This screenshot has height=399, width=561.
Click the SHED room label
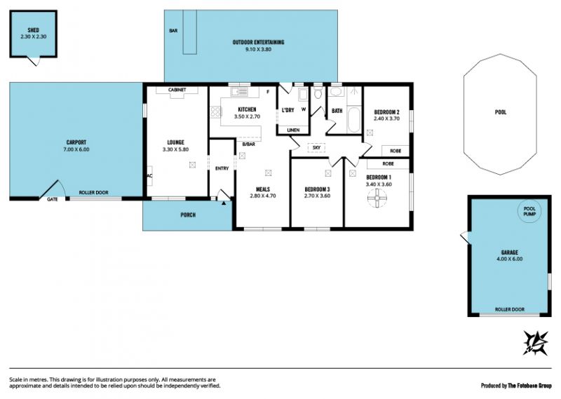(x=33, y=30)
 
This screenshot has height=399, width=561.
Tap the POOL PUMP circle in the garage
(x=529, y=212)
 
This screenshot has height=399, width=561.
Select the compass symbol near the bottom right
(x=536, y=343)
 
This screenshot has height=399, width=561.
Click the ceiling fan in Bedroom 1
(x=377, y=198)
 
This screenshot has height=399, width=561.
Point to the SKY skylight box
(x=316, y=147)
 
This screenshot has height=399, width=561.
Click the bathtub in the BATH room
(x=354, y=119)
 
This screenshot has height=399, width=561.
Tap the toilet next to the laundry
(x=318, y=93)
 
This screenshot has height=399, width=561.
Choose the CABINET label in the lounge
(x=177, y=90)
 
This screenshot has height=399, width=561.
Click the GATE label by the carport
(x=53, y=199)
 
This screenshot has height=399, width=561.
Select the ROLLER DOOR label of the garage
(x=510, y=309)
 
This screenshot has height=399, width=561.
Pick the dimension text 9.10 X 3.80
(x=258, y=49)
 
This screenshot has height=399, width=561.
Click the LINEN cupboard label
(x=293, y=130)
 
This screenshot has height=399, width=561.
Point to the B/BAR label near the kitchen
(x=249, y=144)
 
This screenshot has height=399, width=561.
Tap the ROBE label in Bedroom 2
(x=396, y=151)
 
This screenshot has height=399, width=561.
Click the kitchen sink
(x=240, y=92)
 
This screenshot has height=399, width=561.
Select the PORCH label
(x=188, y=215)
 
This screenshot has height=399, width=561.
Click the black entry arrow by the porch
(x=224, y=203)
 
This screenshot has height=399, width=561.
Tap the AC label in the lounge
(x=149, y=176)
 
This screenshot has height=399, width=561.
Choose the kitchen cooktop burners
(x=216, y=112)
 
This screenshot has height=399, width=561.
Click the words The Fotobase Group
(x=530, y=386)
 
